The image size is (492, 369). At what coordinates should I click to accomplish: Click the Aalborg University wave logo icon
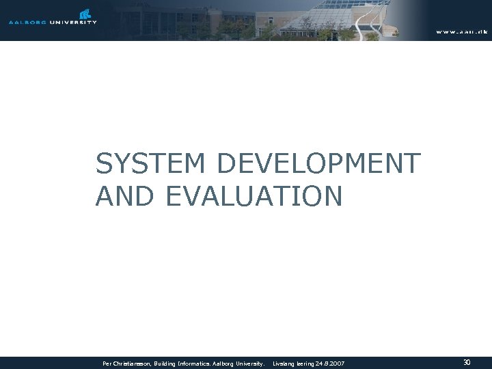click(85, 13)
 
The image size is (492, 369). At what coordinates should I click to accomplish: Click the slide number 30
click(467, 363)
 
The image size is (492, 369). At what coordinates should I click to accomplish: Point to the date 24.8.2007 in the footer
click(331, 364)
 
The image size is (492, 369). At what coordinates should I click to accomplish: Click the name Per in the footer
click(107, 364)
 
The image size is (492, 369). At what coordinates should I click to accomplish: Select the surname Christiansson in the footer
click(133, 364)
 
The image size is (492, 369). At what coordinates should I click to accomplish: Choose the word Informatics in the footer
click(202, 364)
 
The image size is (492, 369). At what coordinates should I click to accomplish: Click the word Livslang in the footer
click(284, 364)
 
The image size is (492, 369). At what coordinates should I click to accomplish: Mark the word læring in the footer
click(305, 364)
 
